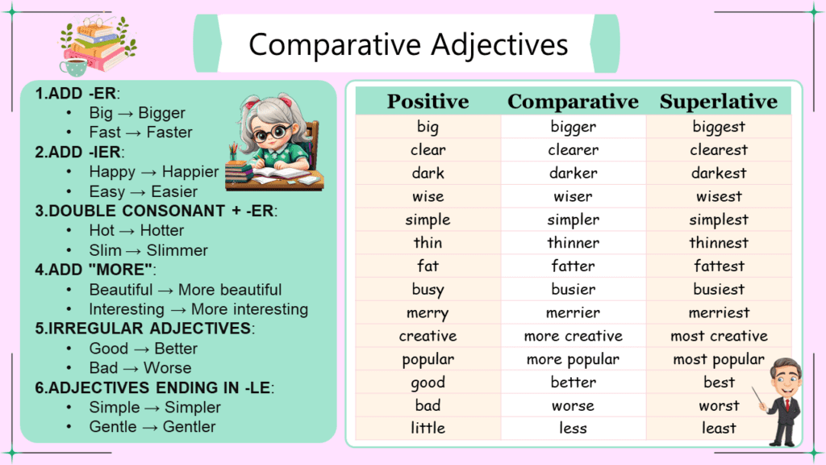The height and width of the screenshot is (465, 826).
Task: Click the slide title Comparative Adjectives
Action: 408,44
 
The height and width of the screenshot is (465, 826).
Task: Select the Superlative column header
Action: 718,102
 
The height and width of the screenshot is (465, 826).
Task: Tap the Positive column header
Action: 428,102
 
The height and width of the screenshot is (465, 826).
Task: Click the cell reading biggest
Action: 719,127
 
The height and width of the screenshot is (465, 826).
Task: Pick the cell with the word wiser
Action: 573,196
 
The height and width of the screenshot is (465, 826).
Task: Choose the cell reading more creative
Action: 573,336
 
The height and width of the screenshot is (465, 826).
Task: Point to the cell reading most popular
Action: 719,359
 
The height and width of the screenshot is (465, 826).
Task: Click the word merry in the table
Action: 428,313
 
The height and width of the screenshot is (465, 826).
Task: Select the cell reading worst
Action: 719,405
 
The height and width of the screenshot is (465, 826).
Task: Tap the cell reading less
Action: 573,429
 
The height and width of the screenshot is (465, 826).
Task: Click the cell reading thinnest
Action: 719,243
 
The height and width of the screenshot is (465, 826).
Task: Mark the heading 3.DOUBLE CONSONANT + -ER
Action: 156,212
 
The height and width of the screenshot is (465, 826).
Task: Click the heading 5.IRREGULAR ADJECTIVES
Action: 144,329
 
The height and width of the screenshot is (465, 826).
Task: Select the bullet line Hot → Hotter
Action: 136,231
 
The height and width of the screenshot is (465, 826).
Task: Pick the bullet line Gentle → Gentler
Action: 152,426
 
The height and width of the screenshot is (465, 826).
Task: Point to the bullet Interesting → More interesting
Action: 198,309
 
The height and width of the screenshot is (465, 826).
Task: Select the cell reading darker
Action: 573,173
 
